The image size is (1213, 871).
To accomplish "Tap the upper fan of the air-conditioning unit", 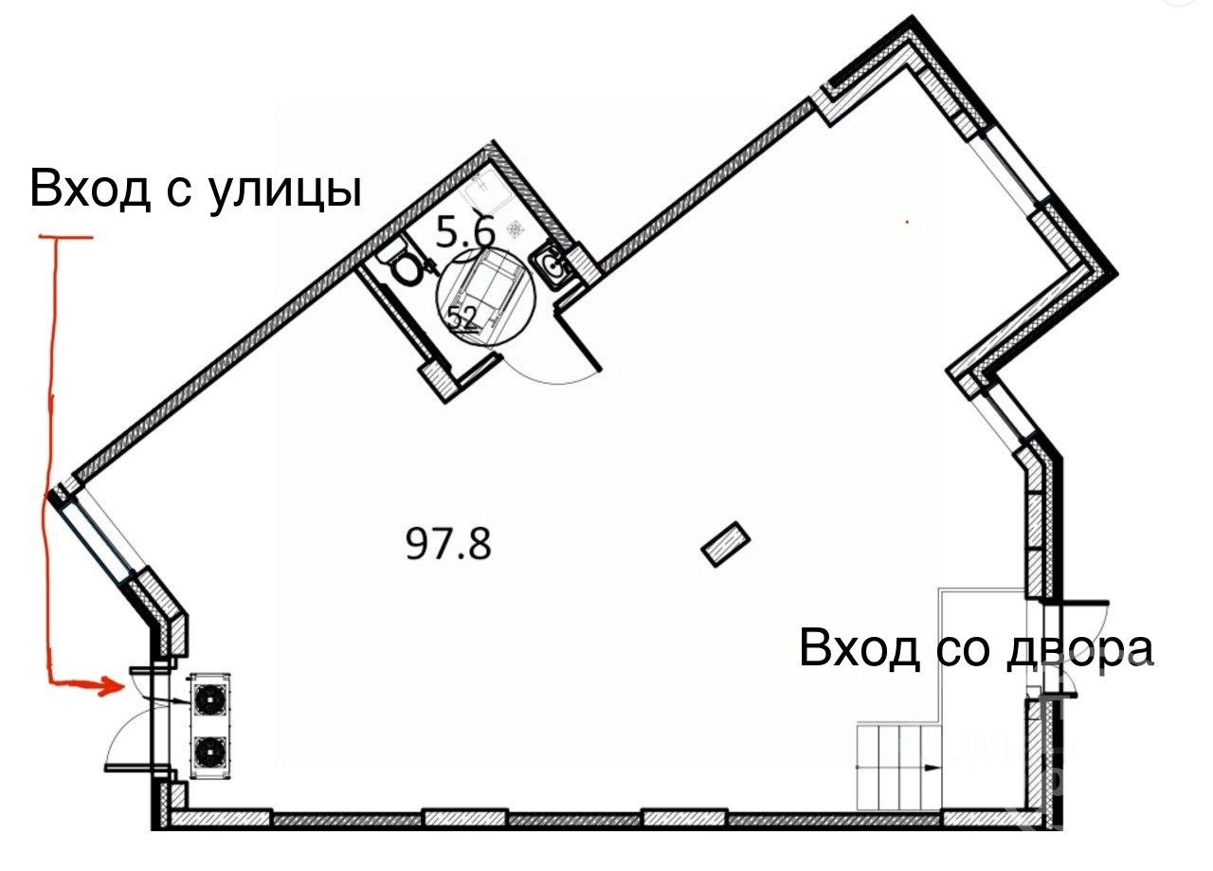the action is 208,699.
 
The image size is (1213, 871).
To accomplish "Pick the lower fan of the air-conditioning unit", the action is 208,753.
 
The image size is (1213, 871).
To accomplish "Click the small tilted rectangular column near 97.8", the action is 726,545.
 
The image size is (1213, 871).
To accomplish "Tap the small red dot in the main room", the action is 907,223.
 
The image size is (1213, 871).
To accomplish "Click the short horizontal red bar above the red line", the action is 65,237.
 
